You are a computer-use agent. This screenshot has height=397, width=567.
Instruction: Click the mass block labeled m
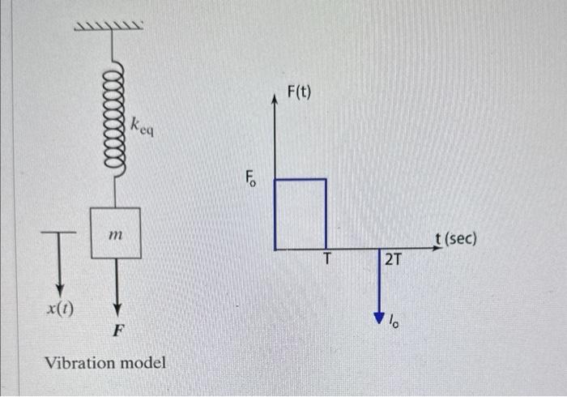[x=116, y=233]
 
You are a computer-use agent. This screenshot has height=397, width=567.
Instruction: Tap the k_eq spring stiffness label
[x=142, y=125]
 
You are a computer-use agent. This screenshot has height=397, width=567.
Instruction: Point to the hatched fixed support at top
[x=110, y=29]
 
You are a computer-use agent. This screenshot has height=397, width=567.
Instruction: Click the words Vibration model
[x=105, y=362]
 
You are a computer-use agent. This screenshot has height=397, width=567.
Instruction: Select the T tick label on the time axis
[x=327, y=259]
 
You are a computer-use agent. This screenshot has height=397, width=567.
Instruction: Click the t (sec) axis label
[x=456, y=239]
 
